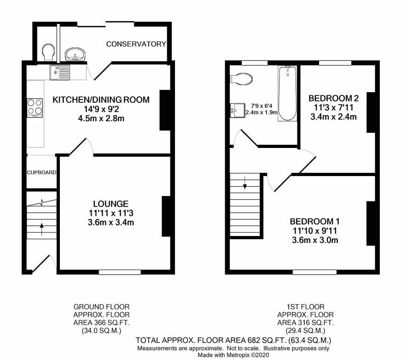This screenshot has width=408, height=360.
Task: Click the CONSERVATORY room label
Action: point(136,44)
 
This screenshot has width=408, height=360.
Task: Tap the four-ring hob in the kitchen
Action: point(35,107)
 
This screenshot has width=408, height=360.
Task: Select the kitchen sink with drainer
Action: point(60,72)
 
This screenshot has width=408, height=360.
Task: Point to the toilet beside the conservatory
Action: point(48,53)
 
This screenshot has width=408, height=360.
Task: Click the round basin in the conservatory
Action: point(76,54)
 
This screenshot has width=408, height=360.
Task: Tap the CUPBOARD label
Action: point(41,172)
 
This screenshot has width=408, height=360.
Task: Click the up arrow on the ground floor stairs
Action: point(41,229)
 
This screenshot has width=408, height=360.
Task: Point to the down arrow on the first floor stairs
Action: point(245,183)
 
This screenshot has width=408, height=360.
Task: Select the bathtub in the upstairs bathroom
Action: point(287,94)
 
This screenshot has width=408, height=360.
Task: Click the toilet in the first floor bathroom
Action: point(241,79)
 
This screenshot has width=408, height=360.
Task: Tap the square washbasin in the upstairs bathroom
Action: point(238,111)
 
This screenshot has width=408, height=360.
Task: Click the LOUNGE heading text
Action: point(111,204)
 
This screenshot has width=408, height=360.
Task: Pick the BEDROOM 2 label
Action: point(333,98)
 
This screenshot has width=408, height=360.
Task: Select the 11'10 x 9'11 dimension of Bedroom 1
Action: point(315,231)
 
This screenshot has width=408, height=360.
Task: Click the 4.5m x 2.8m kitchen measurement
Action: point(101,118)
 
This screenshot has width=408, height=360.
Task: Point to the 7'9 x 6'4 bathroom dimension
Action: point(262,106)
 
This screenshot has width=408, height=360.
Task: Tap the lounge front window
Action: point(120,272)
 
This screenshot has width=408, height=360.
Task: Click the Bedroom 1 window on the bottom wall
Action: point(315,272)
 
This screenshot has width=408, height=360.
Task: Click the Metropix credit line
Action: point(233,355)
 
